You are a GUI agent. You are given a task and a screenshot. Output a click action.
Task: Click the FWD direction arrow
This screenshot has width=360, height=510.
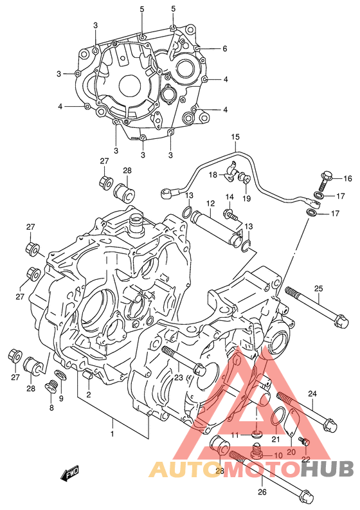69,473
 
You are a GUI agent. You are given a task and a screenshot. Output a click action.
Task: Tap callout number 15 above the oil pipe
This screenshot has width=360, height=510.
235,137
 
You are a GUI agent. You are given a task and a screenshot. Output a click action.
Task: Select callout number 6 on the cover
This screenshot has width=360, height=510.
225,49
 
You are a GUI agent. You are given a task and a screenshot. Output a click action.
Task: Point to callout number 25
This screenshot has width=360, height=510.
319,288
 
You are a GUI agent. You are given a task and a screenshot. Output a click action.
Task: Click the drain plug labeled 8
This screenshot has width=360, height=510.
50,387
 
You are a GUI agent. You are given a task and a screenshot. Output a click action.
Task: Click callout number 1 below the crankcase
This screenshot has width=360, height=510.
113,434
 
